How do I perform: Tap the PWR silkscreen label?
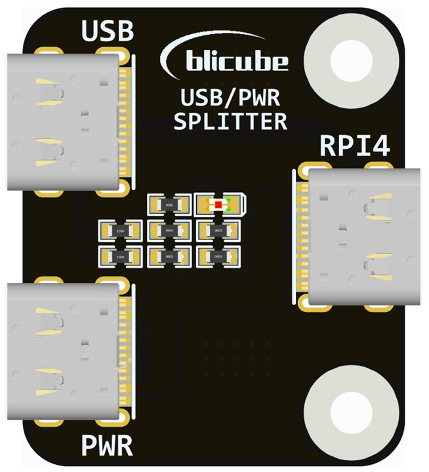[107, 446]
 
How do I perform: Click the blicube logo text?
[237, 62]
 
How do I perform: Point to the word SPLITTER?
[230, 121]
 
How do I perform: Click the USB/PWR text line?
[230, 100]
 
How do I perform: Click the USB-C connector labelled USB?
[66, 122]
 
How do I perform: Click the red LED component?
[219, 205]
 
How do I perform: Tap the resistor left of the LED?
[169, 205]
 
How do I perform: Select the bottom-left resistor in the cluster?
[120, 256]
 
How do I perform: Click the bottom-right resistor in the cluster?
[219, 256]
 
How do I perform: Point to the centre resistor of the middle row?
[169, 231]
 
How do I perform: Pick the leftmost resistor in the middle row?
[120, 231]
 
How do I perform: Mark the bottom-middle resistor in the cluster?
[169, 256]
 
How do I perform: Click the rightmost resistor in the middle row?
[219, 231]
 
